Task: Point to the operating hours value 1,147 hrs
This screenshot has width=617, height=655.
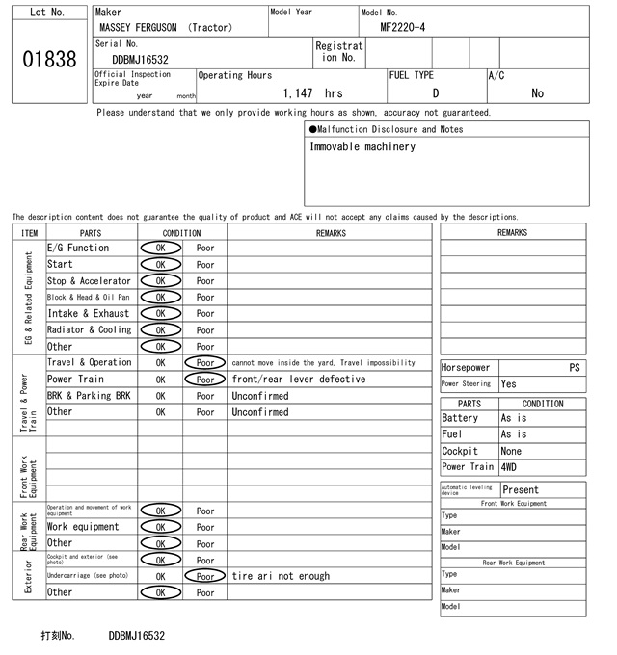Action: tap(313, 93)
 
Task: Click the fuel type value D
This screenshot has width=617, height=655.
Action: tap(435, 93)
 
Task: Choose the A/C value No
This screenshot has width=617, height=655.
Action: tap(537, 93)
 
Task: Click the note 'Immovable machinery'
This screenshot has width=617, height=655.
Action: tap(362, 147)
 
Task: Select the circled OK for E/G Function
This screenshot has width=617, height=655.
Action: tap(160, 248)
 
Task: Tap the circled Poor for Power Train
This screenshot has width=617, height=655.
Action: tap(205, 380)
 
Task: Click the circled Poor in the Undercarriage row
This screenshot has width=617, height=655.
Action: tap(205, 576)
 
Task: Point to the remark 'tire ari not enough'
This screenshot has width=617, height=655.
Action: tap(281, 576)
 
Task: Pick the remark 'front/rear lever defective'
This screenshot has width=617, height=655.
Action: tap(299, 380)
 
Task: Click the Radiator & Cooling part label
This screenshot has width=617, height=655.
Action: tap(89, 329)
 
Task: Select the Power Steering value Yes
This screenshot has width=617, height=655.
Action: tap(508, 383)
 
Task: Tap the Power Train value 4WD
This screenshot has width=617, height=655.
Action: tap(508, 467)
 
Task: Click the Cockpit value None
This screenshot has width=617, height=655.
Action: tap(511, 451)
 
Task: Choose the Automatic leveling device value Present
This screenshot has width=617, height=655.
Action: tap(521, 490)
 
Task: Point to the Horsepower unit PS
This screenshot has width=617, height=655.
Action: tap(575, 367)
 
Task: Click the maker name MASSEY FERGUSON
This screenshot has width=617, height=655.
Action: tap(140, 28)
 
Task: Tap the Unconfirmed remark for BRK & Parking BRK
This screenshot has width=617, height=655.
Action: tap(259, 396)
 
